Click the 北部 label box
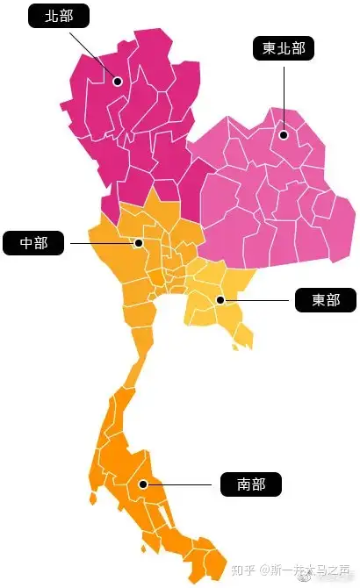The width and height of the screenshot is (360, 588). coord(59,17)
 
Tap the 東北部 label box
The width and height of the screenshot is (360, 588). coord(284,48)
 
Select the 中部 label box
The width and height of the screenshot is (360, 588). coord(33,242)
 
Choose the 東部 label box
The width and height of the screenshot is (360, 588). coord(326,300)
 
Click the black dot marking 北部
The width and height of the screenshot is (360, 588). coord(117,81)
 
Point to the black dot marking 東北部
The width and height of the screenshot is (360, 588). coord(284,134)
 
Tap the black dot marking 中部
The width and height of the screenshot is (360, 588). coord(139,242)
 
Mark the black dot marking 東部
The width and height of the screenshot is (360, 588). coord(220,300)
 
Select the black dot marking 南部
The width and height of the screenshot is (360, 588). coord(143,483)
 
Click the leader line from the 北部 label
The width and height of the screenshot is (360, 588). coord(91,52)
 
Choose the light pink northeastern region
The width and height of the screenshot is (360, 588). coord(263,202)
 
